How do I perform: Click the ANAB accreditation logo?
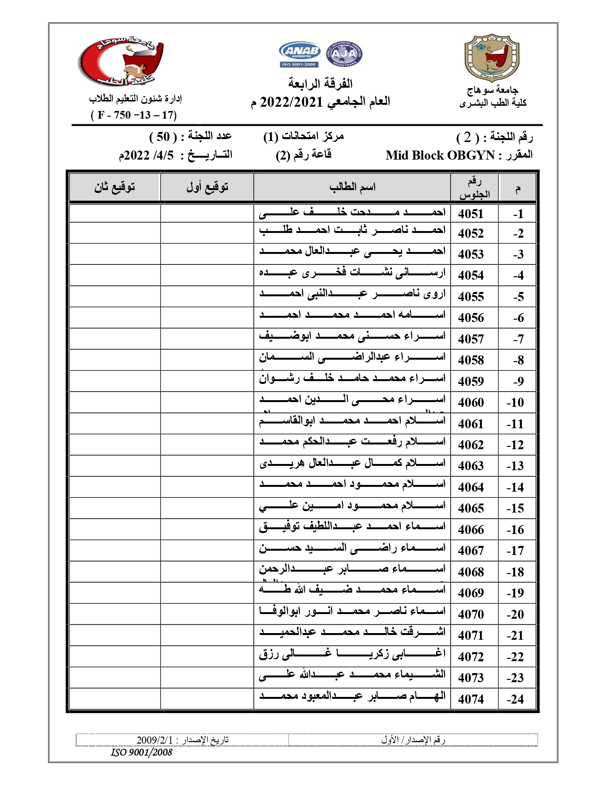pyautogui.click(x=299, y=54)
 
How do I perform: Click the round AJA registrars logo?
pyautogui.click(x=344, y=54)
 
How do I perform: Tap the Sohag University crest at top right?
pyautogui.click(x=492, y=57)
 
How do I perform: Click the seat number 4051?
pyautogui.click(x=471, y=214)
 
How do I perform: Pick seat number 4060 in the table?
pyautogui.click(x=471, y=403)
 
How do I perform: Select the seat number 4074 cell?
pyautogui.click(x=471, y=699)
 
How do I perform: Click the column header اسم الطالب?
pyautogui.click(x=352, y=187)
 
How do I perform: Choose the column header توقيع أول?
pyautogui.click(x=207, y=187)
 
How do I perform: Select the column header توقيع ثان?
pyautogui.click(x=115, y=187)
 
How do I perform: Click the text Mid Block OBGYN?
pyautogui.click(x=440, y=155)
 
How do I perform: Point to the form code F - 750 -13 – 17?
pyautogui.click(x=134, y=115)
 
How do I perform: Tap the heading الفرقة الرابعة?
pyautogui.click(x=320, y=84)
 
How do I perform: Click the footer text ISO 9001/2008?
pyautogui.click(x=141, y=753)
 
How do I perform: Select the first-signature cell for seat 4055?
pyautogui.click(x=207, y=296)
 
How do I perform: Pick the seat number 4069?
pyautogui.click(x=471, y=593)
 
